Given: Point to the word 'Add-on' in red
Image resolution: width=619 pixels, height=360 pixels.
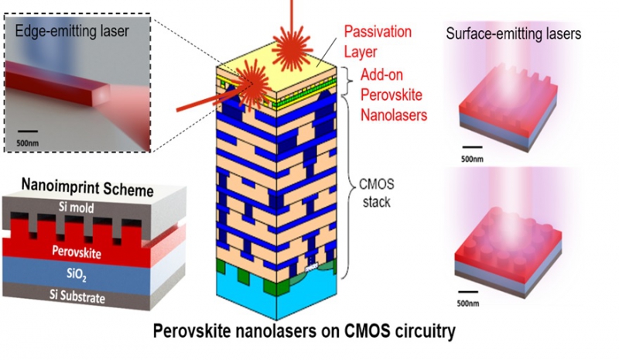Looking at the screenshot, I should pos(381,76).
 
